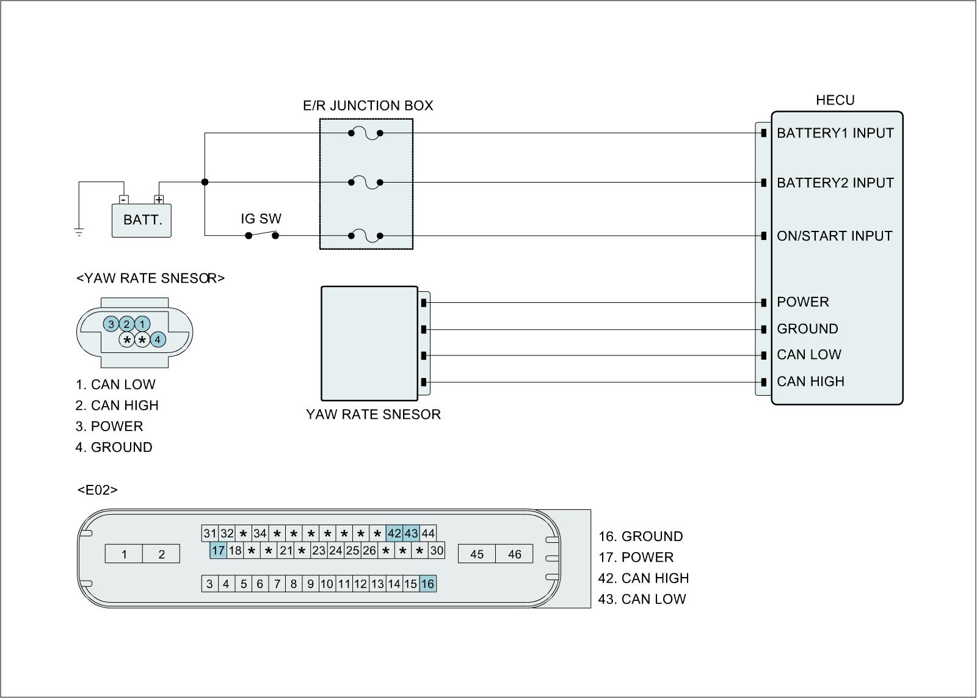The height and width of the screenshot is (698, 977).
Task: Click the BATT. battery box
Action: [x=142, y=220]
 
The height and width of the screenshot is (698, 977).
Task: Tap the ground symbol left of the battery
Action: [x=79, y=231]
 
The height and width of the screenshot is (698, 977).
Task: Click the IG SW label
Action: [x=261, y=219]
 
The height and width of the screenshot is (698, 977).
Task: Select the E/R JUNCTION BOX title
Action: [x=368, y=106]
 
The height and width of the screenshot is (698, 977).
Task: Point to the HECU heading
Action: [x=835, y=100]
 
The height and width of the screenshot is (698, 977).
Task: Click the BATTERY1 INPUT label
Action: [x=835, y=133]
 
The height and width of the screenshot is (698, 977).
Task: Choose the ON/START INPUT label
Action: [x=834, y=236]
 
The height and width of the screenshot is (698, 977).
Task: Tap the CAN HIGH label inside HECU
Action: [x=810, y=382]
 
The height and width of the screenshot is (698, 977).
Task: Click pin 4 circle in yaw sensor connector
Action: [x=158, y=340]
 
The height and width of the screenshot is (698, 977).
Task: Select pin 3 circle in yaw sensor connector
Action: [x=111, y=324]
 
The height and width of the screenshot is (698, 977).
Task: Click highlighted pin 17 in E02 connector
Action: [x=218, y=550]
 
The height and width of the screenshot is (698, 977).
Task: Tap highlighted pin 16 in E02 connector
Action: [x=427, y=584]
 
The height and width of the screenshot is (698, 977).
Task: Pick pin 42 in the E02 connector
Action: [x=394, y=534]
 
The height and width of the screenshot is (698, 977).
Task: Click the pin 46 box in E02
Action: [x=514, y=554]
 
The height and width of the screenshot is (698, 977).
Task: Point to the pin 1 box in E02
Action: [x=125, y=554]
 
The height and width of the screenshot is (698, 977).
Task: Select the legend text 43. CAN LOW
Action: [x=642, y=599]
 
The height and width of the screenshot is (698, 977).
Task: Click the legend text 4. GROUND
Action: [x=114, y=448]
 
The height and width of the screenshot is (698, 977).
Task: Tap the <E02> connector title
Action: [x=98, y=490]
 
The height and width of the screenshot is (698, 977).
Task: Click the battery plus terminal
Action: [x=159, y=200]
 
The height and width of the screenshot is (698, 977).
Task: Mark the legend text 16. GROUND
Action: [x=641, y=537]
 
